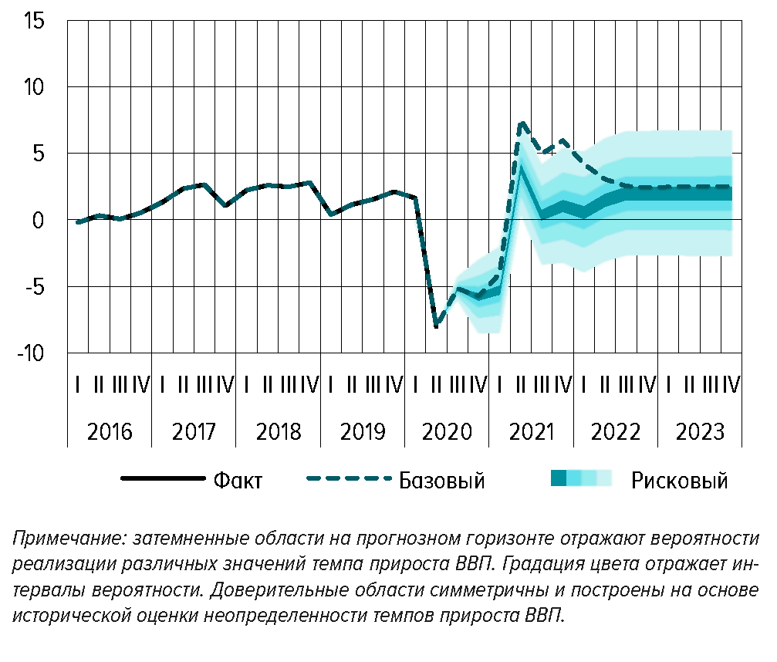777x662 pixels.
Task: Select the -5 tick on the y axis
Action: [35, 287]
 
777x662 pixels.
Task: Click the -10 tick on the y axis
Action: [32, 353]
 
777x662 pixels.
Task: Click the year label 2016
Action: [109, 431]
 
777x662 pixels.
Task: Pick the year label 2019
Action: [362, 431]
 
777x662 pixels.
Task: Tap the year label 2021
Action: [531, 431]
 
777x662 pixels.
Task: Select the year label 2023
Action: [700, 431]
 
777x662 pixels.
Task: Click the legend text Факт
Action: [238, 481]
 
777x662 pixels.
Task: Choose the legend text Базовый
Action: [441, 481]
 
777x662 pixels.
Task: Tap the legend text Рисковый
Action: [679, 481]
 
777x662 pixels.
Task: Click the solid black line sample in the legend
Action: [163, 479]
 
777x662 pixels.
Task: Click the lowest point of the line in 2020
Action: [437, 326]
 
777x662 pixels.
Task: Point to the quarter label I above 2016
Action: [78, 384]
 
